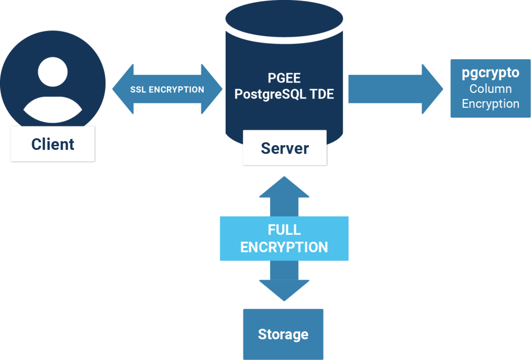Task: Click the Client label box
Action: pyautogui.click(x=53, y=144)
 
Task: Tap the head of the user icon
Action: pyautogui.click(x=53, y=72)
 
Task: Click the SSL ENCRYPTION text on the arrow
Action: pyautogui.click(x=166, y=89)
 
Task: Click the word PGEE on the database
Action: pyautogui.click(x=284, y=78)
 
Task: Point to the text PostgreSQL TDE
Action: pyautogui.click(x=284, y=94)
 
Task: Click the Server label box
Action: pyautogui.click(x=285, y=148)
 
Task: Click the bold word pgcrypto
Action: pyautogui.click(x=491, y=73)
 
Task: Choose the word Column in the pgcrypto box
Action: pyautogui.click(x=491, y=89)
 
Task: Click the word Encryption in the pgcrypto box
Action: pyautogui.click(x=491, y=104)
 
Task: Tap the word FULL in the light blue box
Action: pyautogui.click(x=284, y=230)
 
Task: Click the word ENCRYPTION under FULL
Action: pyautogui.click(x=284, y=247)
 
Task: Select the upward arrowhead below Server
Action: pyautogui.click(x=284, y=186)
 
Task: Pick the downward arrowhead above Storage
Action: pyautogui.click(x=284, y=290)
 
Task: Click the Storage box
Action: pyautogui.click(x=283, y=334)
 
